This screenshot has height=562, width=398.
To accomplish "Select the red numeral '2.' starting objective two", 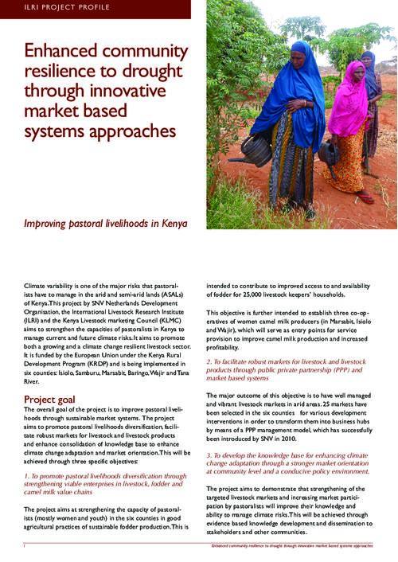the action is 209,361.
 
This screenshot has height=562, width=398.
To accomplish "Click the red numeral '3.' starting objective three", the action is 209,455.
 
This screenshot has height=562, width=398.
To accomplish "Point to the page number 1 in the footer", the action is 25,547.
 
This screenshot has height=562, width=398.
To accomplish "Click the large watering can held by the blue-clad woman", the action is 256,150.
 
